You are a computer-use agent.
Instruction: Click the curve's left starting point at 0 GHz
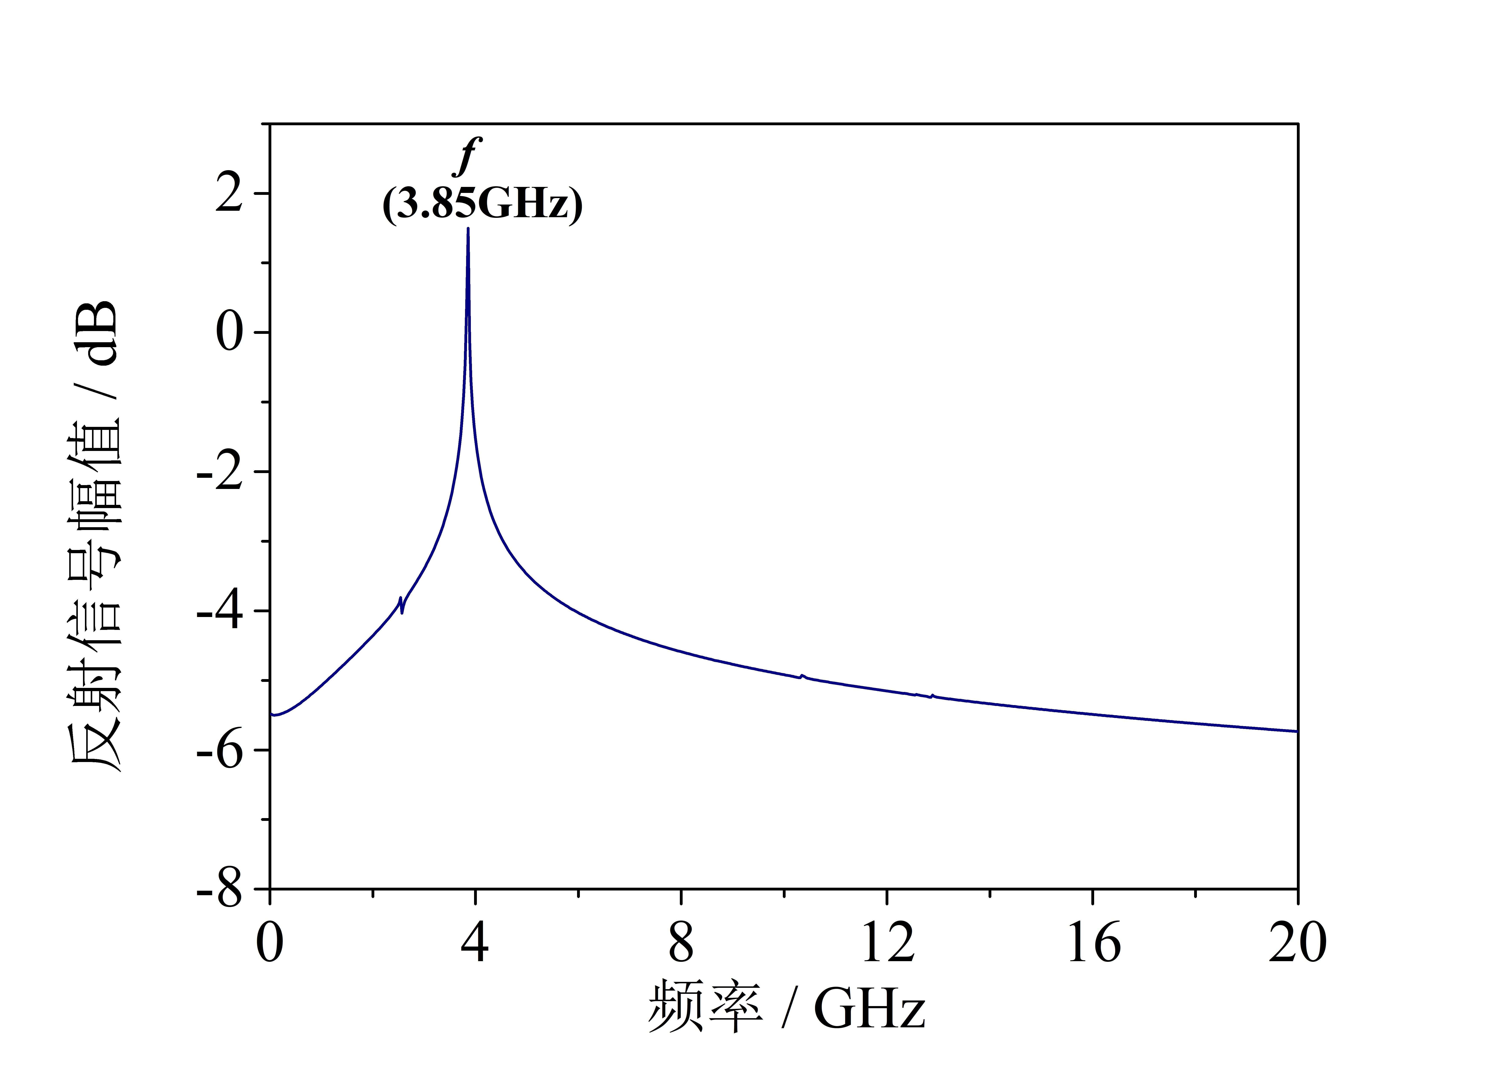pos(271,715)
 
